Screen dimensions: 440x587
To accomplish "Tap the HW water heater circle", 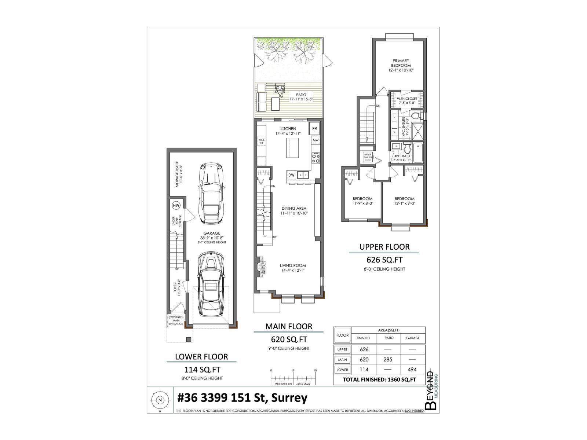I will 176,205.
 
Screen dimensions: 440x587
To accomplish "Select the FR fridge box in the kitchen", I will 314,129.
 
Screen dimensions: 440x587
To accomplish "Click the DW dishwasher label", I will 291,175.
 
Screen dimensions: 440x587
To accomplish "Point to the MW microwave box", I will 316,140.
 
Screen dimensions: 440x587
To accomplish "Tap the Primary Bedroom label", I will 401,65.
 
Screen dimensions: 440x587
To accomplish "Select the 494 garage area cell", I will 413,370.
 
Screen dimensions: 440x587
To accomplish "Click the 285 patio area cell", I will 388,360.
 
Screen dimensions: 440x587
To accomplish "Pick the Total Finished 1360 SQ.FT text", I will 379,380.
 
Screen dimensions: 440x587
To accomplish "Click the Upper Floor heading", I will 384,247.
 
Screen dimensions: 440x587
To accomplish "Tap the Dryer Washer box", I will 368,156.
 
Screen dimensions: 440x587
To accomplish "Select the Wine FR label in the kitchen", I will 262,142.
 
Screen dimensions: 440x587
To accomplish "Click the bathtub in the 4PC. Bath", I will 419,153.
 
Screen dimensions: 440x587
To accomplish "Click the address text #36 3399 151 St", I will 242,398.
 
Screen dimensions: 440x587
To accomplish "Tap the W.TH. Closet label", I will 406,101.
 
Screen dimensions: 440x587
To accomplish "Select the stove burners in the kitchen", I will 316,158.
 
